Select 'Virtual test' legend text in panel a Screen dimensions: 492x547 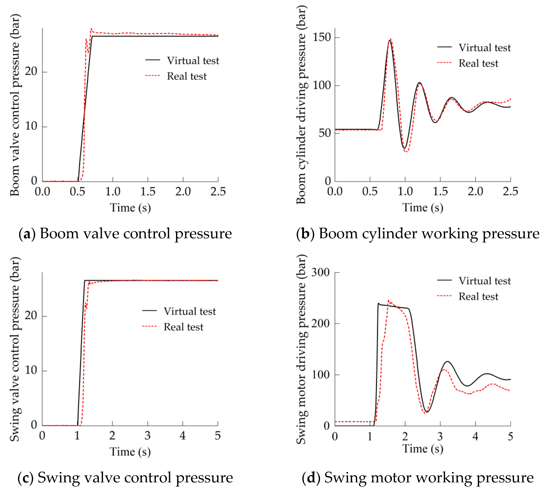[x=193, y=61]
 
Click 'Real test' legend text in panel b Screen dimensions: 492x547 [x=478, y=63]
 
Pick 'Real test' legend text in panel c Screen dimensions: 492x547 [x=183, y=327]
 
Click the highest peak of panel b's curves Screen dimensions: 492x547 [x=390, y=40]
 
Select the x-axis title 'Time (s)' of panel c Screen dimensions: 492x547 [x=130, y=452]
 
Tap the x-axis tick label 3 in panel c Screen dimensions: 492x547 [x=147, y=436]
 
